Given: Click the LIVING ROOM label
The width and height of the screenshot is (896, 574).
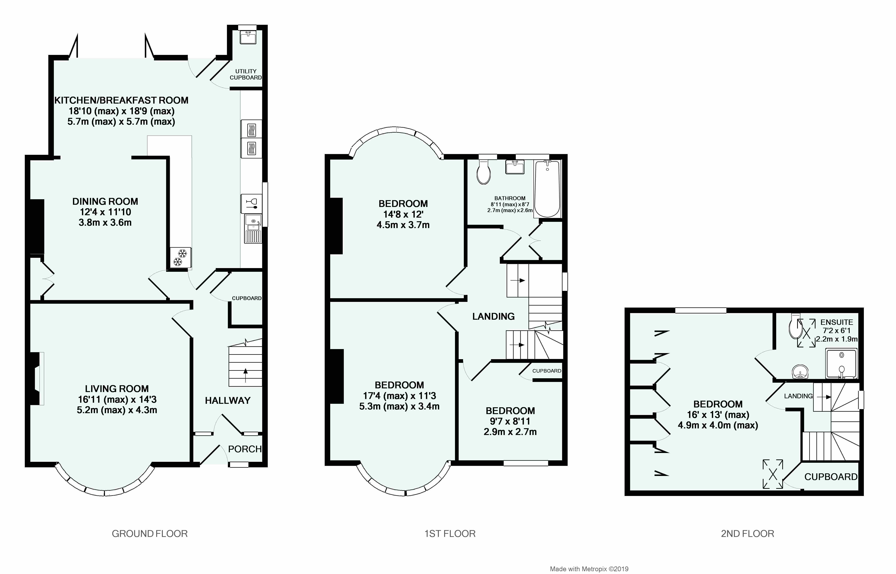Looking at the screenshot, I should click(x=117, y=389).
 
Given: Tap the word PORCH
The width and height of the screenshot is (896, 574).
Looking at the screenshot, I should click(x=245, y=449).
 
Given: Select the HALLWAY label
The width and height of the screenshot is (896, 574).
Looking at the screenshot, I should click(x=227, y=401).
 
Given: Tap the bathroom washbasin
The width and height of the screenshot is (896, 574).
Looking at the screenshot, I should click(x=515, y=167).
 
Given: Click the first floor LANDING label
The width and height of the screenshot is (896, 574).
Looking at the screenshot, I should click(x=493, y=316).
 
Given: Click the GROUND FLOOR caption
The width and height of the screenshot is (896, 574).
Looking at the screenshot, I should click(x=150, y=534).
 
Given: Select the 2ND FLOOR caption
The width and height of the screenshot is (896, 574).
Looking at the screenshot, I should click(x=747, y=534).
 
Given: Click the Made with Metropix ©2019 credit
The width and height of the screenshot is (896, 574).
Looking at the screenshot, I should click(x=589, y=569).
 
